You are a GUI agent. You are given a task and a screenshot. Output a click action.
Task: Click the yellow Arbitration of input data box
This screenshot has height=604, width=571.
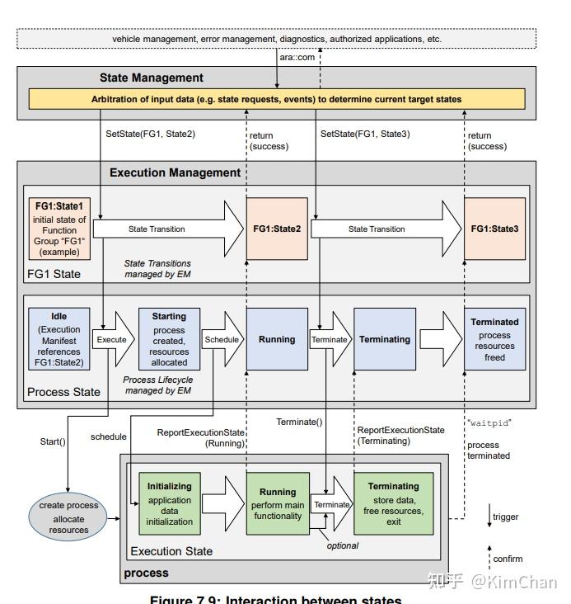point(276,99)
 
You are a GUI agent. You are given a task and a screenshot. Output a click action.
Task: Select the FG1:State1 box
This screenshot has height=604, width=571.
point(59,229)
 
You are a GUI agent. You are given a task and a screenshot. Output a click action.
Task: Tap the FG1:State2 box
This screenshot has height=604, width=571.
point(277,229)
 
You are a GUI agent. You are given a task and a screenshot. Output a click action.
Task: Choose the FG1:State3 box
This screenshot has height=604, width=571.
point(494,229)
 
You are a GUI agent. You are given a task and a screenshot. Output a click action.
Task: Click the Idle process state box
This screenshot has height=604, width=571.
point(59,338)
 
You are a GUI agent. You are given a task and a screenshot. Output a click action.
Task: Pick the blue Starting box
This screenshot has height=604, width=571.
point(169,338)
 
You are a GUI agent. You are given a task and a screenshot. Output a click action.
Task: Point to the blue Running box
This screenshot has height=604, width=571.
point(277,339)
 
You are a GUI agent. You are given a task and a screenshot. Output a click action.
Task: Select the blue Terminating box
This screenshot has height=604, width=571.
point(385,339)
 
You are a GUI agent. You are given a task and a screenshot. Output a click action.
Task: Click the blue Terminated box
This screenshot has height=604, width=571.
point(494,339)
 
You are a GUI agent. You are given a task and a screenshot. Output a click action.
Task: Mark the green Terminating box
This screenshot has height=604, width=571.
point(393,503)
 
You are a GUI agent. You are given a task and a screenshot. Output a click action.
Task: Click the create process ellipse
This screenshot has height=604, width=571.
point(68,517)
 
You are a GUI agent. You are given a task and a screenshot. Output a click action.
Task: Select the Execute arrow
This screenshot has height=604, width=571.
point(113,339)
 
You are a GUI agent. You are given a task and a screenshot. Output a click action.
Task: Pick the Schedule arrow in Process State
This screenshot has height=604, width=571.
point(222,339)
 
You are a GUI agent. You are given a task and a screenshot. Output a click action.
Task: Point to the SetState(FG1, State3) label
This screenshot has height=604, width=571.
point(364,133)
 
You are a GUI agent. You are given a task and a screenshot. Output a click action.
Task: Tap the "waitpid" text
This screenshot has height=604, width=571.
point(489,422)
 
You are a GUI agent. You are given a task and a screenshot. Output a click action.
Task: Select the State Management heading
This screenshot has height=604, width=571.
point(152,78)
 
